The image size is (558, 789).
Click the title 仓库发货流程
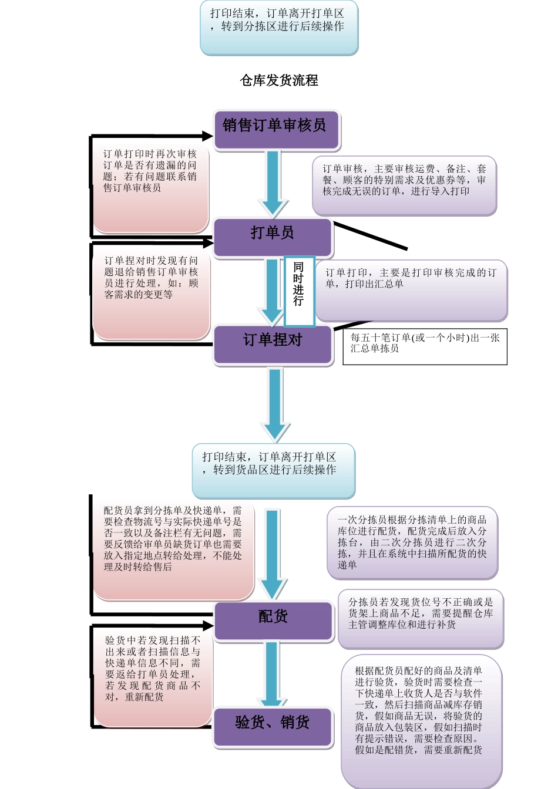279,80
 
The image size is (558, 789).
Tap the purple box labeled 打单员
273,237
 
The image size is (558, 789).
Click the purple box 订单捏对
273,343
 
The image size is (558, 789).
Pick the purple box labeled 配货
273,620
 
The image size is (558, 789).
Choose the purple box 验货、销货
273,726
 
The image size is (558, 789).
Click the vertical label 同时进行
299,290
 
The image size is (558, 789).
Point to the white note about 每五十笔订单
425,346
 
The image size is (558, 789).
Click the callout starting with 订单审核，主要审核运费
404,185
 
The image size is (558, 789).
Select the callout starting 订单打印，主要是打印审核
411,290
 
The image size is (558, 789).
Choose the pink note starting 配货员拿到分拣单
173,548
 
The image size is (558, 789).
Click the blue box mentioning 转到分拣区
279,27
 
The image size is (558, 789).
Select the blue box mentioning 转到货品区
274,471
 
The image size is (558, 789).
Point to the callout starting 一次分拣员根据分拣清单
412,542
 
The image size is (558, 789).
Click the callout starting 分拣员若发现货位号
421,618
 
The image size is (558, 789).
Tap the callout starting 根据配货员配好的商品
421,720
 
